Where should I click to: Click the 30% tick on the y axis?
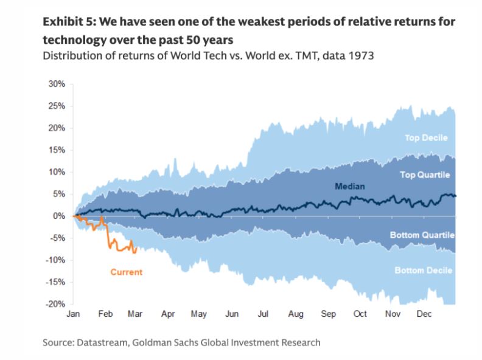tap(56, 84)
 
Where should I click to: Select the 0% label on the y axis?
tap(58, 216)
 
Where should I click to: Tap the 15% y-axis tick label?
tap(56, 150)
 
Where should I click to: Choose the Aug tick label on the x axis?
tap(296, 314)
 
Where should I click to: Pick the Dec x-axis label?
tap(424, 314)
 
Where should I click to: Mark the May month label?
tap(199, 314)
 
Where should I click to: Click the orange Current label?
tap(126, 272)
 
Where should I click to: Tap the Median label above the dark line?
tap(350, 186)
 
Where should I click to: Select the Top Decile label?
tap(426, 138)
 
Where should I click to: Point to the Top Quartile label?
tap(425, 175)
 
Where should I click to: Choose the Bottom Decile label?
tap(424, 270)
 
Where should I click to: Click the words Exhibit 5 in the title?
tap(68, 22)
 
